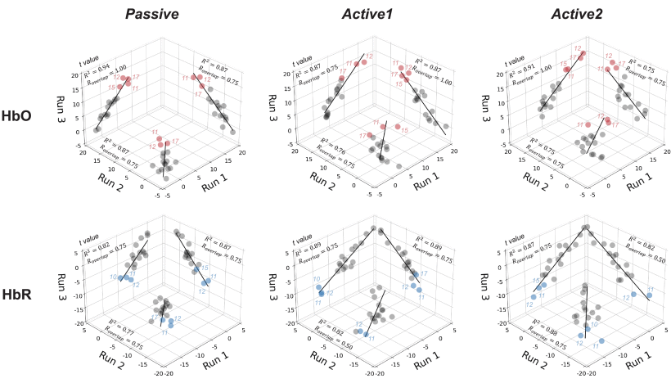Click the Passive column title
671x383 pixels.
(152, 13)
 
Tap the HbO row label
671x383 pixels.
(16, 116)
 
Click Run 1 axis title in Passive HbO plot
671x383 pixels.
(214, 180)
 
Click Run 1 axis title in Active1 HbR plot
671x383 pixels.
(427, 357)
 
